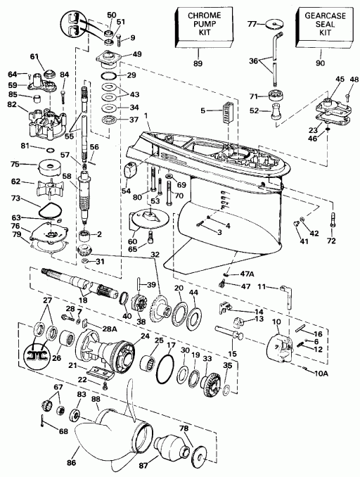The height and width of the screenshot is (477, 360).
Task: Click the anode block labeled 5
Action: point(226,112)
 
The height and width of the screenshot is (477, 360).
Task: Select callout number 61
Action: point(33,56)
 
